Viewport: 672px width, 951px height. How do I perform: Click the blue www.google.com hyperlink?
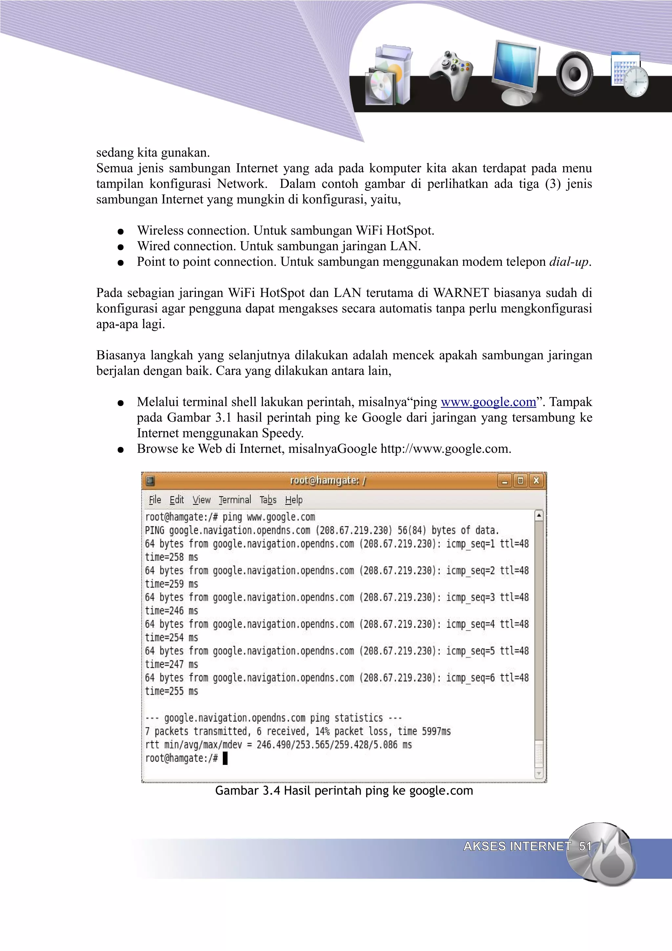pyautogui.click(x=488, y=402)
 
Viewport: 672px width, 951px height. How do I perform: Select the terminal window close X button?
pyautogui.click(x=536, y=480)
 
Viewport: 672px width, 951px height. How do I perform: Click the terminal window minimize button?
pyautogui.click(x=504, y=481)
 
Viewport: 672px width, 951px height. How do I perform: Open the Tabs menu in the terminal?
pyautogui.click(x=268, y=500)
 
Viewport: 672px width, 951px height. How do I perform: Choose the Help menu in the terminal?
pyautogui.click(x=294, y=500)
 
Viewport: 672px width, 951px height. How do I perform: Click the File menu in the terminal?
pyautogui.click(x=155, y=500)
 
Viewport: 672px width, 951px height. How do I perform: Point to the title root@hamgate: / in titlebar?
pyautogui.click(x=327, y=480)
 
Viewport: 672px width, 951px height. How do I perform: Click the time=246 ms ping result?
pyautogui.click(x=171, y=610)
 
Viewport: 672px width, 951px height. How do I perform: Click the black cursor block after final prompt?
pyautogui.click(x=225, y=758)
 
